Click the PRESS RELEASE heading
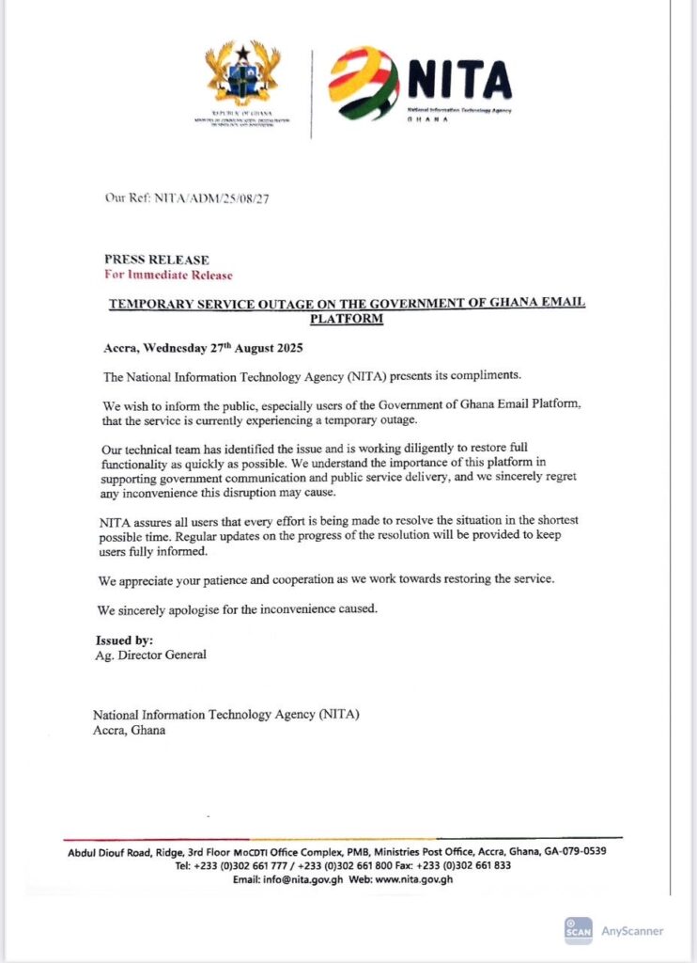click(157, 260)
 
